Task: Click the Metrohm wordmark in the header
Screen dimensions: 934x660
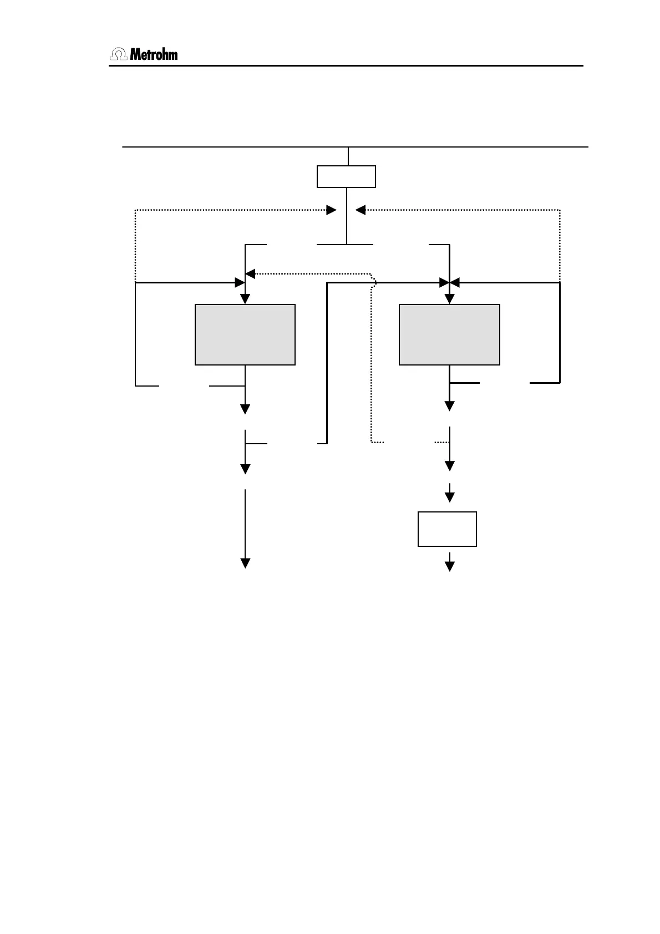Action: [154, 54]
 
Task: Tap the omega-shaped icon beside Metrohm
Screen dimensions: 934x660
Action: [119, 54]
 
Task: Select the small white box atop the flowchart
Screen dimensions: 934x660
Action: [346, 176]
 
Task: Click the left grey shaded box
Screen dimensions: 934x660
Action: [245, 334]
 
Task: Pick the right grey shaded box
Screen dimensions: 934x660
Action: [449, 334]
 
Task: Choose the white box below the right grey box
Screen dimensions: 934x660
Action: [447, 529]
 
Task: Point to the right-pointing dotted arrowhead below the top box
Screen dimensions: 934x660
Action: [331, 210]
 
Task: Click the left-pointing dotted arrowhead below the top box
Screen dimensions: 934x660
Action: [361, 210]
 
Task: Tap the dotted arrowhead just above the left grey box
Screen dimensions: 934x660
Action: [251, 273]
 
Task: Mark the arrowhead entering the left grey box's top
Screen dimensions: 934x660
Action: [245, 299]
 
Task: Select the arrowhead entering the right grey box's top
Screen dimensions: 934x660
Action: [449, 299]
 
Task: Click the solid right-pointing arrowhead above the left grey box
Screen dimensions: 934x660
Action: [240, 283]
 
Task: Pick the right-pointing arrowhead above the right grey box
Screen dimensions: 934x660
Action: [444, 283]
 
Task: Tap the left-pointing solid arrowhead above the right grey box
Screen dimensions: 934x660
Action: [455, 283]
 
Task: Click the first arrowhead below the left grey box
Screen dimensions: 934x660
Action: [245, 409]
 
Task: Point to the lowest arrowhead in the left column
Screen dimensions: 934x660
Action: [245, 563]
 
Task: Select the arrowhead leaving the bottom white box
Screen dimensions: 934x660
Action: [450, 566]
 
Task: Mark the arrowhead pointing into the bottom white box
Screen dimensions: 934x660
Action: [450, 497]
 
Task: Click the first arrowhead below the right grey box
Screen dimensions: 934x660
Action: [449, 406]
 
